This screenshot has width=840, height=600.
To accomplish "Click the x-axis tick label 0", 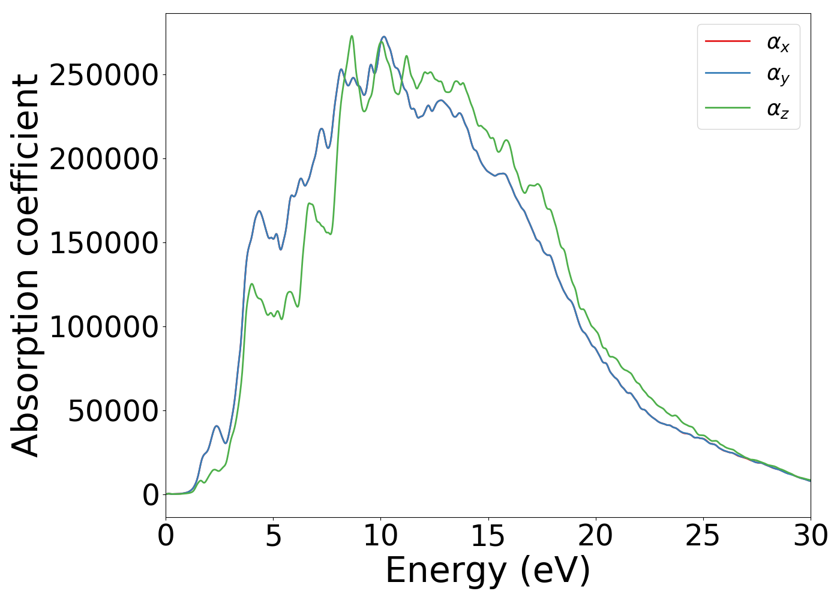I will pos(166,536).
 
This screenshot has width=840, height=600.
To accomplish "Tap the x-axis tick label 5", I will pos(273,536).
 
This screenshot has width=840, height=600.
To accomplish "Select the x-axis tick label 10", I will pos(380,536).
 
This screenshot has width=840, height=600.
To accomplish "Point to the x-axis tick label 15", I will pos(488,536).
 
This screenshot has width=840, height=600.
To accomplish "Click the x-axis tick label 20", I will pos(595,536).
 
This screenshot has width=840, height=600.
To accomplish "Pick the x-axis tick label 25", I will pos(703,536).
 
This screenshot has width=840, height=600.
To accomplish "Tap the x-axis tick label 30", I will pos(810,536).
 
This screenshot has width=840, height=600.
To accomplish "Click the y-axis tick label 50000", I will pos(113,411).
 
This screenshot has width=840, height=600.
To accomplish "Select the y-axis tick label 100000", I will pos(104,327).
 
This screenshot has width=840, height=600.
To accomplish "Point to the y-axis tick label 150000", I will pos(104,243).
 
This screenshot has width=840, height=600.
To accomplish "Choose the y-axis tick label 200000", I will pos(104,159).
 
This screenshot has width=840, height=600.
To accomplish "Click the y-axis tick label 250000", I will pos(104,75).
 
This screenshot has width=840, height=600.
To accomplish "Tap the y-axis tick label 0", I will pos(151,495).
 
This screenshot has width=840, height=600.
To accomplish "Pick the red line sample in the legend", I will pos(727,41).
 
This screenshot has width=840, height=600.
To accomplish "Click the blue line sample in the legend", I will pos(727,73).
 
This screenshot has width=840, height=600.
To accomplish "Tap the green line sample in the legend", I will pos(727,108).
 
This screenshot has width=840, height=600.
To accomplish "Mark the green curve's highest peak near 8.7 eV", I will pos(352,36).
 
